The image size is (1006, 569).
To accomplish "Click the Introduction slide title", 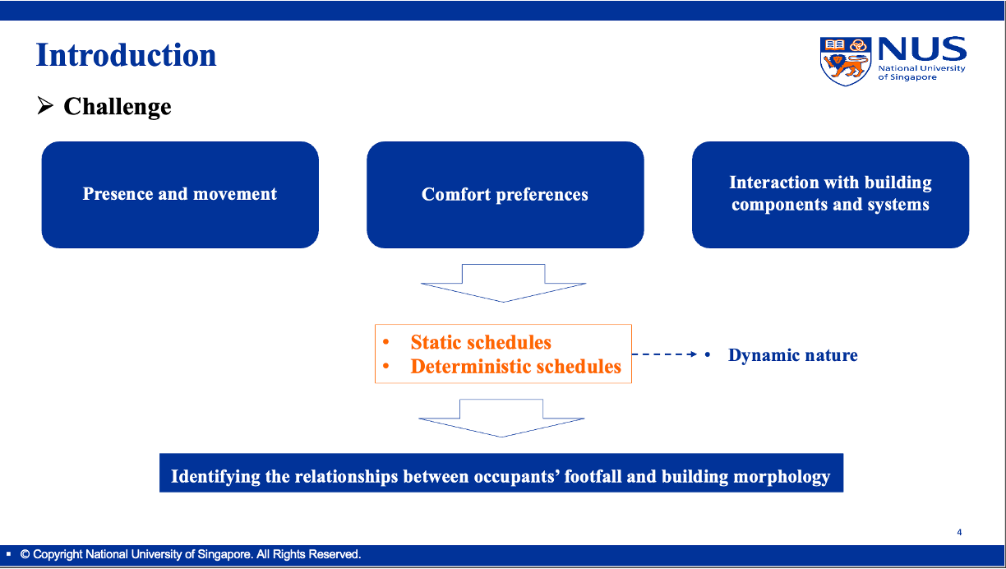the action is point(127,55).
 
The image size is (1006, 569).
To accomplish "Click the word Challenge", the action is point(118,107).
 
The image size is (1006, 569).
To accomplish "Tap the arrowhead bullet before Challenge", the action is point(45,105).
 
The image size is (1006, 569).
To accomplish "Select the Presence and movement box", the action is point(180,195).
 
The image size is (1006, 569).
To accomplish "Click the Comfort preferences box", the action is point(505,195).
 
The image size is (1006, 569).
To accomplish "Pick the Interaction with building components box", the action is point(830,195).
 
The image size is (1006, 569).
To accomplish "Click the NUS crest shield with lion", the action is point(846,61).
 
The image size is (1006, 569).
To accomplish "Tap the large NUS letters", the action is point(922,49).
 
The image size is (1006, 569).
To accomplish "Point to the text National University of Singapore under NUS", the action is point(921,72).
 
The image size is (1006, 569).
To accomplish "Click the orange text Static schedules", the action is point(481,343).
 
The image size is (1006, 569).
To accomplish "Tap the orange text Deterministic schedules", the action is point(515,367).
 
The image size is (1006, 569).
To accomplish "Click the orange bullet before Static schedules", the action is point(385,342).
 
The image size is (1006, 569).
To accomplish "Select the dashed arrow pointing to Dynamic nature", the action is point(665,354).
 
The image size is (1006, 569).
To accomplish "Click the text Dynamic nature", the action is point(792,355).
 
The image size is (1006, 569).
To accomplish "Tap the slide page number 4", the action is point(959,533).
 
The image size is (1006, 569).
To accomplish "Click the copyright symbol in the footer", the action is point(25,554).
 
